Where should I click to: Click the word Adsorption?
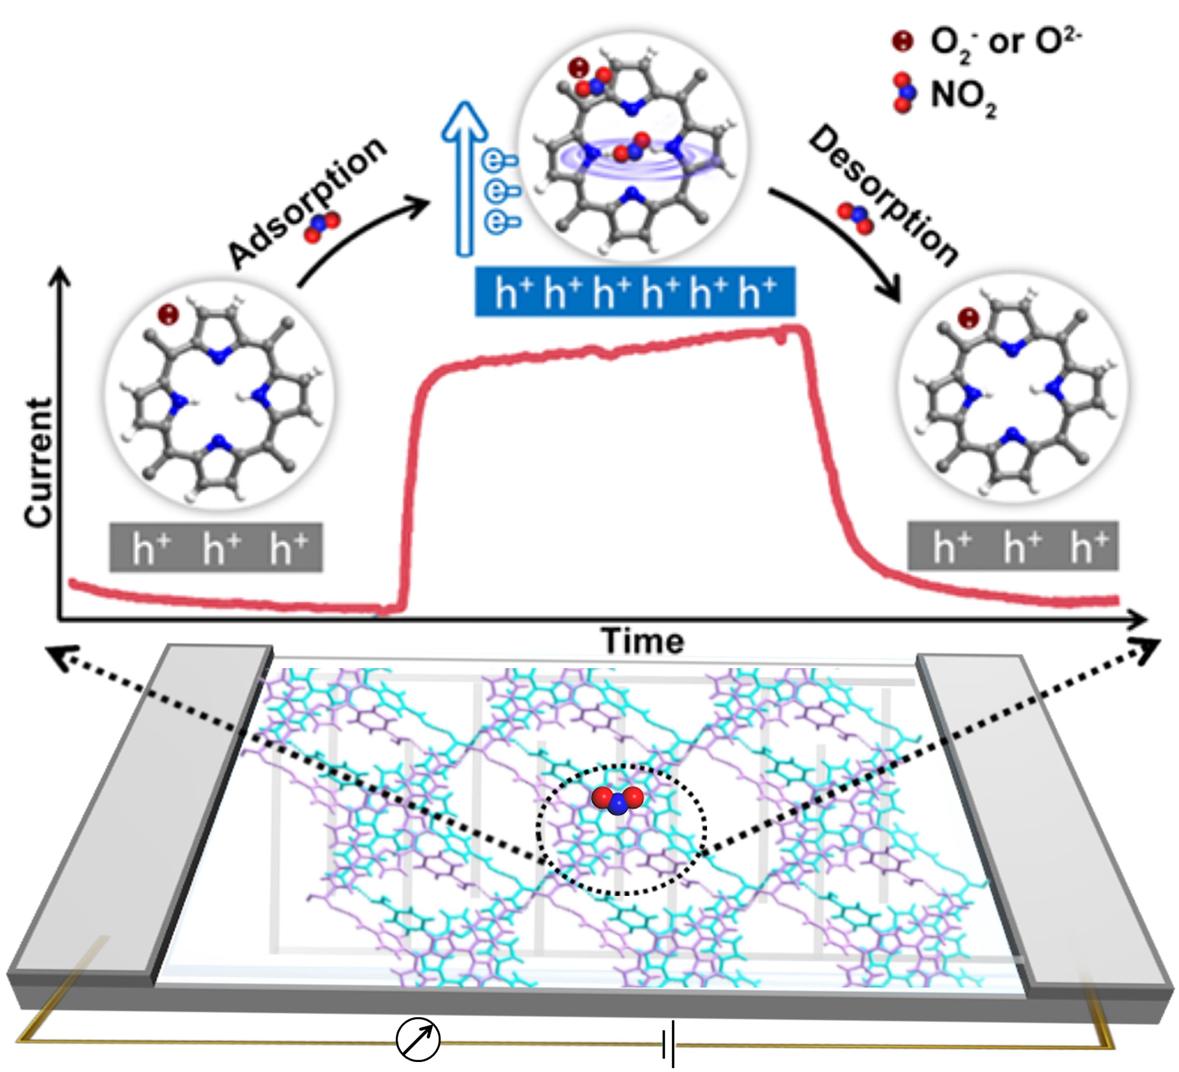307,202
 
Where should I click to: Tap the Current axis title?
39,462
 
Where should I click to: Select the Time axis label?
642,642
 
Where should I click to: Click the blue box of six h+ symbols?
635,292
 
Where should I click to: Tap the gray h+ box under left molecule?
216,547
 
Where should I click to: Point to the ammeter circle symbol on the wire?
418,1039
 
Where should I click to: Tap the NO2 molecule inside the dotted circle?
618,800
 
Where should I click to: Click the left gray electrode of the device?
146,813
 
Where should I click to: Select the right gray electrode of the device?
1041,819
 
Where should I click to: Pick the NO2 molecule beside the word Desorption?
855,219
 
